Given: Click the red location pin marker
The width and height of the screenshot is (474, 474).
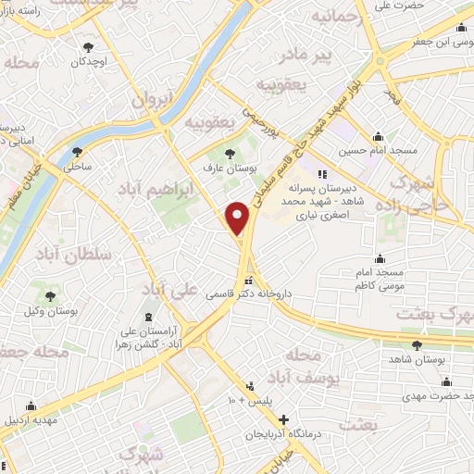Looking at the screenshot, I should [238, 218].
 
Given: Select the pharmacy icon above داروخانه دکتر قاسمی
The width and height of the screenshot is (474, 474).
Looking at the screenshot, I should [248, 280].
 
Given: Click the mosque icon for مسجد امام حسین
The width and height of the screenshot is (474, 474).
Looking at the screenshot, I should [377, 136].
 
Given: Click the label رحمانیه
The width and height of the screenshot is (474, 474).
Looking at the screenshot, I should [332, 18].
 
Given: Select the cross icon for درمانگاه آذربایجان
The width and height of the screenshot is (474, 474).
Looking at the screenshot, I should [283, 419].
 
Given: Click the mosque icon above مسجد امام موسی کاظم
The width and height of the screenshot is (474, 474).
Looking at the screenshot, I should [380, 259].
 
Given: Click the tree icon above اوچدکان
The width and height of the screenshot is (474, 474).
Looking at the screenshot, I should [89, 46].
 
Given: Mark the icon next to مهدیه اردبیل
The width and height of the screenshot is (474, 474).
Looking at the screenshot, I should [31, 405].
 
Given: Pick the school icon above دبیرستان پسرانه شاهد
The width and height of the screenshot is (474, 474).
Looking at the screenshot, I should [322, 173].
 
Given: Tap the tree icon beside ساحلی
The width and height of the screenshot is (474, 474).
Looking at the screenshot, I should [77, 152].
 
